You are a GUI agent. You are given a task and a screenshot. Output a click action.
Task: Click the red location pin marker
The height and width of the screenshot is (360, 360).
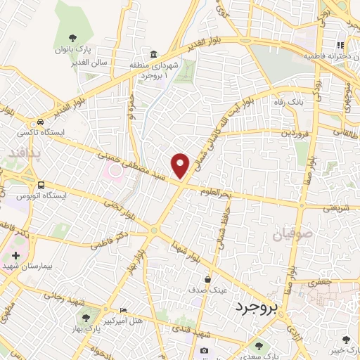tap(181, 165)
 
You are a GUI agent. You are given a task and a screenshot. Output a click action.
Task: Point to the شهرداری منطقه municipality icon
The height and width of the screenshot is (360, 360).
tap(153, 55)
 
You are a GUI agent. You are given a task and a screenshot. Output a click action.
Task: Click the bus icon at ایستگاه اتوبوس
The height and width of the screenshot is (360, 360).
tap(41, 185)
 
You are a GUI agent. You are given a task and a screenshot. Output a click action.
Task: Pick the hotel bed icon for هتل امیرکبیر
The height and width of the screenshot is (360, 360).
tap(124, 310)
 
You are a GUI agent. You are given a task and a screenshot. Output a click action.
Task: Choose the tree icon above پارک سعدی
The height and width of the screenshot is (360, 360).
tap(260, 345)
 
